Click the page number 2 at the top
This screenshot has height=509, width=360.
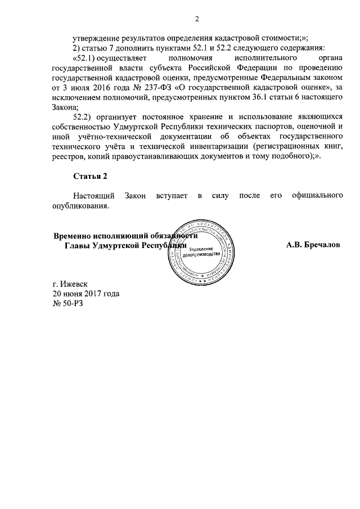(197, 20)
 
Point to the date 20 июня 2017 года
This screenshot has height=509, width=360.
(85, 294)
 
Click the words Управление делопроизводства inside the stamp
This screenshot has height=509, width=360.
(201, 251)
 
